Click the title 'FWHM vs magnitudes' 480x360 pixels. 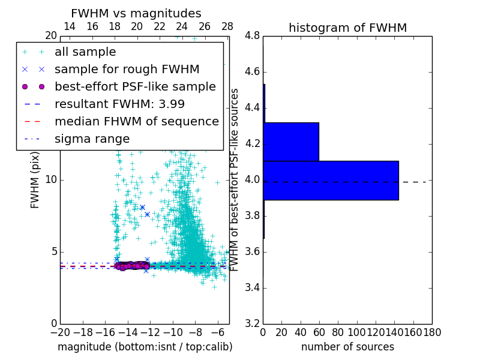pyautogui.click(x=136, y=13)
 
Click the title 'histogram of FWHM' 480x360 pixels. pyautogui.click(x=347, y=28)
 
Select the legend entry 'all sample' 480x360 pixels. pyautogui.click(x=85, y=52)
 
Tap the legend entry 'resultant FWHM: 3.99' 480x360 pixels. pyautogui.click(x=119, y=104)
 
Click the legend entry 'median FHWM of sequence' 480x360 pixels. pyautogui.click(x=136, y=121)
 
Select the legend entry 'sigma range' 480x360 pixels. pyautogui.click(x=92, y=139)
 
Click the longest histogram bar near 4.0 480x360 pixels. pyautogui.click(x=331, y=180)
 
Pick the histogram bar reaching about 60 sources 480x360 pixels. pyautogui.click(x=291, y=142)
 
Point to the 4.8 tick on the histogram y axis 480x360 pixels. pyautogui.click(x=253, y=36)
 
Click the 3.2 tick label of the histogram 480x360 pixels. pyautogui.click(x=253, y=323)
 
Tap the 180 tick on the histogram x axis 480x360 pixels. pyautogui.click(x=432, y=332)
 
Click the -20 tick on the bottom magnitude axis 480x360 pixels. pyautogui.click(x=60, y=332)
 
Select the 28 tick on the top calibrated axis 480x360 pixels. pyautogui.click(x=227, y=26)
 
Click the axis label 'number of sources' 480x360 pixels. pyautogui.click(x=347, y=347)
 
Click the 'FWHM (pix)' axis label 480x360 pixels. pyautogui.click(x=35, y=180)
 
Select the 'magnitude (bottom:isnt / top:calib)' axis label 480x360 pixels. pyautogui.click(x=145, y=347)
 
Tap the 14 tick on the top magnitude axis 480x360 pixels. pyautogui.click(x=70, y=26)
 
